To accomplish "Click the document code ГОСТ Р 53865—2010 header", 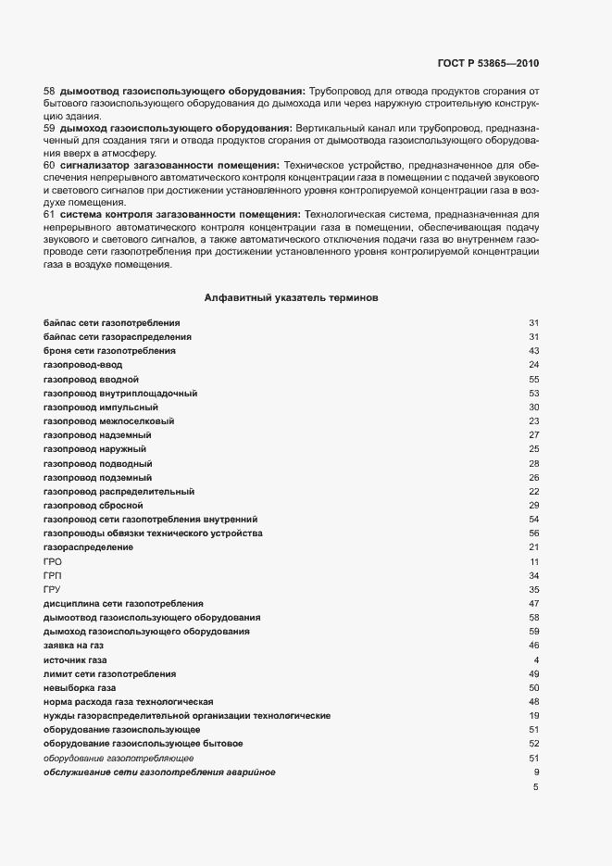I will pyautogui.click(x=487, y=64).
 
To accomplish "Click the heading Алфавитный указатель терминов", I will pyautogui.click(x=290, y=298).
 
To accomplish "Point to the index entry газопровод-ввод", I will pyautogui.click(x=82, y=365).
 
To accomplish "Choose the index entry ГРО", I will pyautogui.click(x=52, y=561).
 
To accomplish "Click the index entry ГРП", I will pyautogui.click(x=52, y=575).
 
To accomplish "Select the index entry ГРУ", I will pyautogui.click(x=52, y=589).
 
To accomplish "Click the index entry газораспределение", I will pyautogui.click(x=88, y=547).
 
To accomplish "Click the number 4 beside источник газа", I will pyautogui.click(x=535, y=659).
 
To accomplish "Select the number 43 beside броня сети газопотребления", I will pyautogui.click(x=533, y=351).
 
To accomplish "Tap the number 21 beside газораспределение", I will pyautogui.click(x=533, y=547).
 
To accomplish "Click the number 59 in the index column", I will pyautogui.click(x=533, y=631).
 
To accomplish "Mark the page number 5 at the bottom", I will pyautogui.click(x=535, y=786).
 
